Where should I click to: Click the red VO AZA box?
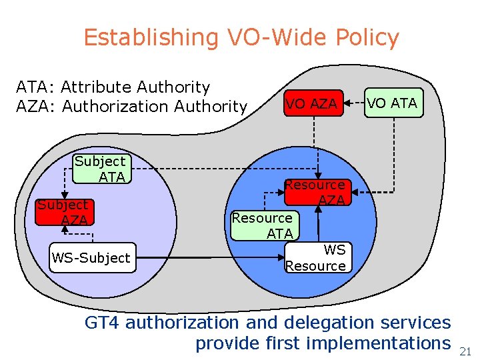(x=311, y=103)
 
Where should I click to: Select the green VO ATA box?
(x=393, y=103)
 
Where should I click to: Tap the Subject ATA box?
(x=100, y=169)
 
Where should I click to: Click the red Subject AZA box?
(x=63, y=212)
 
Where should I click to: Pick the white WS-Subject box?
(x=92, y=257)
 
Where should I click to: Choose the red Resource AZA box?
(x=315, y=191)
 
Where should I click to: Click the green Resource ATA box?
(x=264, y=225)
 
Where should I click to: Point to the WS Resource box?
(x=317, y=257)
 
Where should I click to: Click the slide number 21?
(x=465, y=351)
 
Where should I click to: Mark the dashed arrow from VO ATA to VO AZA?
(x=354, y=103)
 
